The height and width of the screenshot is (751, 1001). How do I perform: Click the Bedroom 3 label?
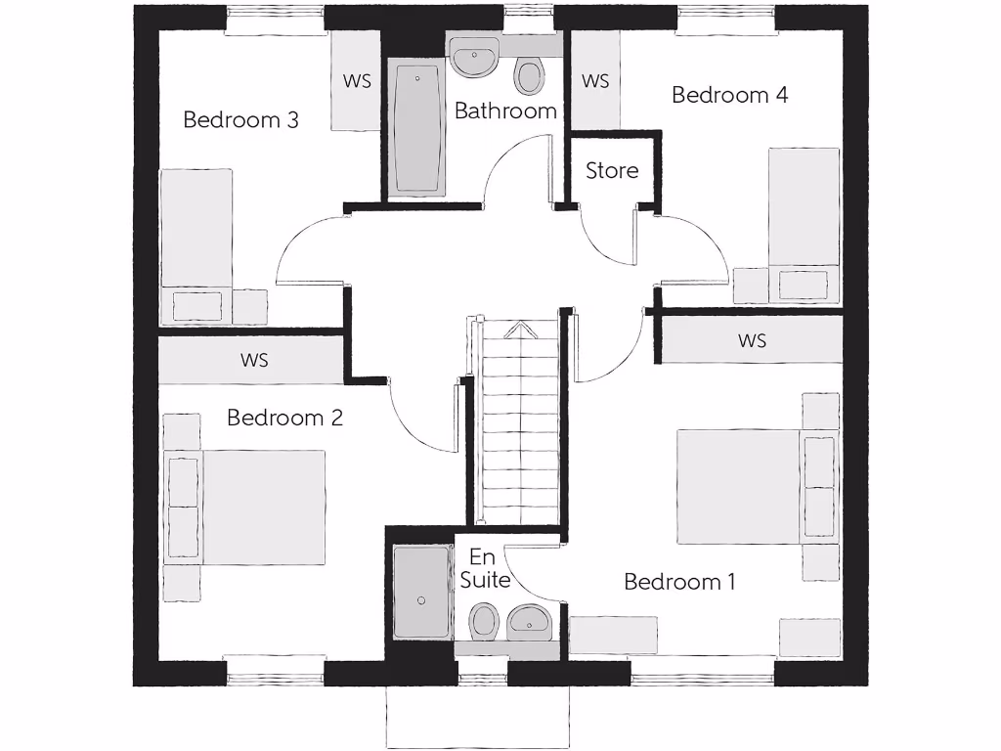point(240,120)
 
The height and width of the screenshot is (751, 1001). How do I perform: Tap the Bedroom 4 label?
point(729,95)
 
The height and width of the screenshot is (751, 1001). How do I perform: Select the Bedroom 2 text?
point(284,418)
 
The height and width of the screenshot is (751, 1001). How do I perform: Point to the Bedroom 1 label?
point(679,582)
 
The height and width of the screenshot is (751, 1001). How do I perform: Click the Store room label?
point(612,170)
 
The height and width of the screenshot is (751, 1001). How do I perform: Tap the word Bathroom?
point(505,111)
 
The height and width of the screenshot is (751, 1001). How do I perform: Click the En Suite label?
point(485,569)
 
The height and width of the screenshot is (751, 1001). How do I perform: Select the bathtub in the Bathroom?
point(418,127)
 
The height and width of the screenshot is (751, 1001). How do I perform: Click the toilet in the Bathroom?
point(529,76)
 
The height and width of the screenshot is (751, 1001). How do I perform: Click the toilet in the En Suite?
point(483,621)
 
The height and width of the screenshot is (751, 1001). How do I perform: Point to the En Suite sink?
point(529,621)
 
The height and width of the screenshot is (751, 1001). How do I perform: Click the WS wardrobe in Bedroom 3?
point(356,81)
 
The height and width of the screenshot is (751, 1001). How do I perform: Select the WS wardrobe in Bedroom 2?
point(253,360)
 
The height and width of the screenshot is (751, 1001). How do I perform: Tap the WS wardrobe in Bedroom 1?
point(752,340)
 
